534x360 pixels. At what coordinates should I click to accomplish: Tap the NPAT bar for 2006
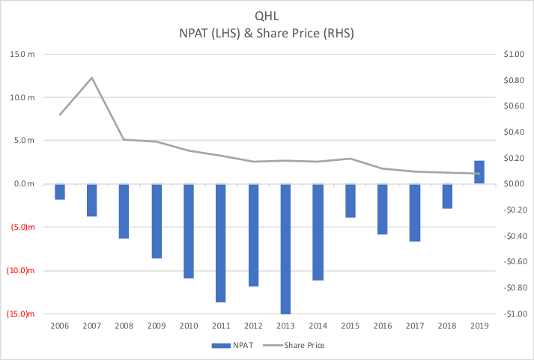tap(60, 192)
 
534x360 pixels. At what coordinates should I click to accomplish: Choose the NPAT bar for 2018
tap(447, 196)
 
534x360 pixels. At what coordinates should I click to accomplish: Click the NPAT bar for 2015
tap(350, 201)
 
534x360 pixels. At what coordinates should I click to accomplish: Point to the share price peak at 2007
tap(92, 78)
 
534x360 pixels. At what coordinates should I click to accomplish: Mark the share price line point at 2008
tap(124, 139)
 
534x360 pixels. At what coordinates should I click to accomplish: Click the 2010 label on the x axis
tap(189, 326)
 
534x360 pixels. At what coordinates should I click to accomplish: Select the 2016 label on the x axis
tap(382, 326)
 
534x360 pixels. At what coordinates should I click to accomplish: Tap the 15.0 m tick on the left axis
tap(22, 54)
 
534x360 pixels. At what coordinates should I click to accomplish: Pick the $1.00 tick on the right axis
tap(514, 54)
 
